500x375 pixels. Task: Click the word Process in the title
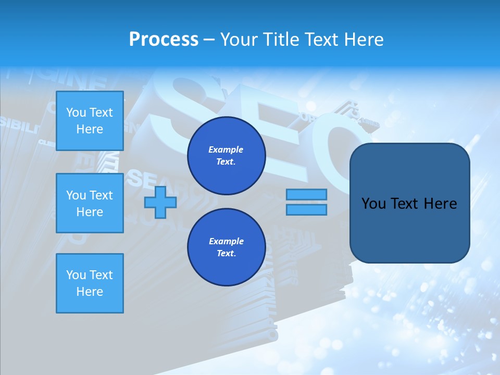tap(164, 40)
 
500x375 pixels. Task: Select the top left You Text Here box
tap(90, 121)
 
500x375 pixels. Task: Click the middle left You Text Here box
tap(90, 203)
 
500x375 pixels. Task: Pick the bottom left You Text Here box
tap(90, 283)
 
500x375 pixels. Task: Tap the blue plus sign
tap(160, 202)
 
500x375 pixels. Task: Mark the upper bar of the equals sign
tap(306, 194)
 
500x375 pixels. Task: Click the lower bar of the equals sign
tap(306, 210)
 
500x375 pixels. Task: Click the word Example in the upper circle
tap(226, 149)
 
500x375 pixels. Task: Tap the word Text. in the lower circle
tap(226, 254)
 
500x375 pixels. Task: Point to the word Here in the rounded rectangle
tap(441, 204)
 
